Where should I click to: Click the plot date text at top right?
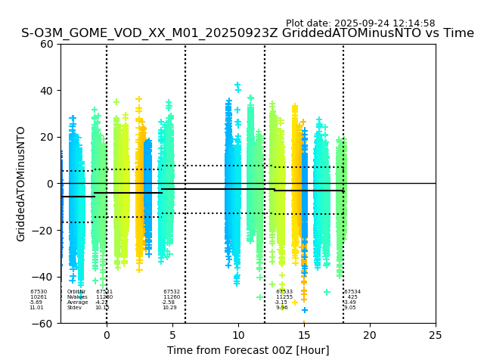point(360,23)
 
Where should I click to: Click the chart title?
point(247,33)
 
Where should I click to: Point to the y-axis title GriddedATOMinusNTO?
point(21,184)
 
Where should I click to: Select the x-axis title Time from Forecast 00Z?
point(248,350)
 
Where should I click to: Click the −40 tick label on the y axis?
point(44,277)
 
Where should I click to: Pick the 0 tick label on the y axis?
point(51,184)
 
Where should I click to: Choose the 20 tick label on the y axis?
point(48,137)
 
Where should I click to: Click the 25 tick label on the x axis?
point(436,334)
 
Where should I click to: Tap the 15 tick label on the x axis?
point(304,334)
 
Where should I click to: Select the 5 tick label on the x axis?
point(172,334)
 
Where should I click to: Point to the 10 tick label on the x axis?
point(238,334)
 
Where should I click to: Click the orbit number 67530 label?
point(39,291)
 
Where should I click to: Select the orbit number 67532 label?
point(172,291)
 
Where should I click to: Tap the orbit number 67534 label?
point(352,291)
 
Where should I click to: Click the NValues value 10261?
point(39,296)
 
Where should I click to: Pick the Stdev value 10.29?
point(169,308)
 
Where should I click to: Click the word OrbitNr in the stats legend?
point(76,291)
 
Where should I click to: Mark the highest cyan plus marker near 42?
point(237,85)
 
